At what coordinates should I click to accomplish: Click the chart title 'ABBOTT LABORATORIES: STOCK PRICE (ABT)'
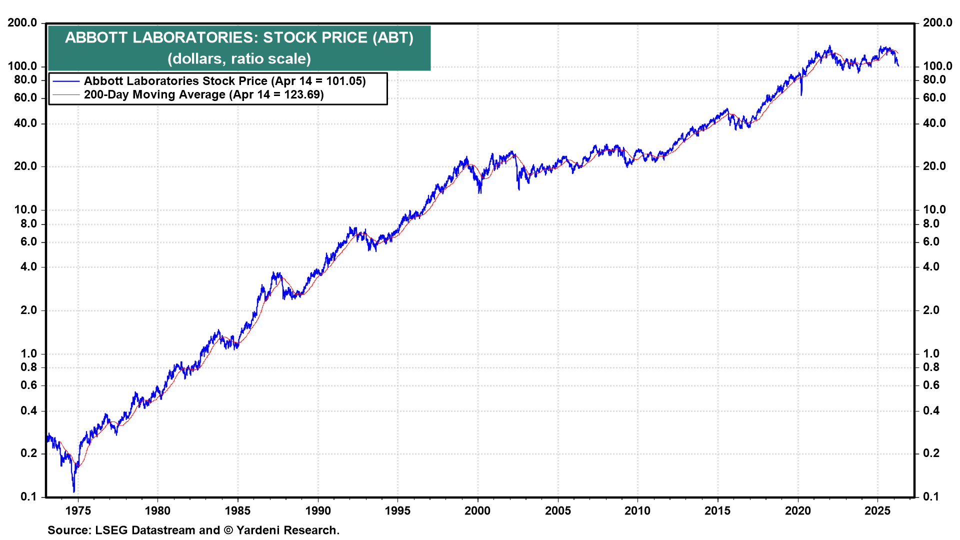click(x=239, y=37)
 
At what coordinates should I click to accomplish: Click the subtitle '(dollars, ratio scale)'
click(x=239, y=59)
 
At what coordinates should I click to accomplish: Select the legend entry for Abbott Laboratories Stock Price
click(x=224, y=81)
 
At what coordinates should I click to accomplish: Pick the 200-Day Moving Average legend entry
click(x=203, y=94)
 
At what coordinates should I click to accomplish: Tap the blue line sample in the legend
click(x=66, y=81)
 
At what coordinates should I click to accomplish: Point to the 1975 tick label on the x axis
click(x=78, y=510)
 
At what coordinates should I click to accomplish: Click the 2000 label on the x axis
click(x=477, y=510)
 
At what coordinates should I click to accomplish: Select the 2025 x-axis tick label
click(x=877, y=510)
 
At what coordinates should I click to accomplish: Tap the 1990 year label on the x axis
click(x=318, y=510)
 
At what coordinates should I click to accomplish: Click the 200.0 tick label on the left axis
click(x=22, y=22)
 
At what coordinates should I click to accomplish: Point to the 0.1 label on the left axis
click(x=28, y=496)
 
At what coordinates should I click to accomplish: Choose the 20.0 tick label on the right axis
click(x=934, y=166)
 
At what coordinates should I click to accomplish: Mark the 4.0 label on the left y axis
click(x=28, y=266)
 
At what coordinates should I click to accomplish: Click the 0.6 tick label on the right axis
click(x=930, y=385)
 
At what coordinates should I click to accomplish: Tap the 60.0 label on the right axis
click(x=934, y=97)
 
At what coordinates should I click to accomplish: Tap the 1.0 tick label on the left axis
click(x=28, y=353)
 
